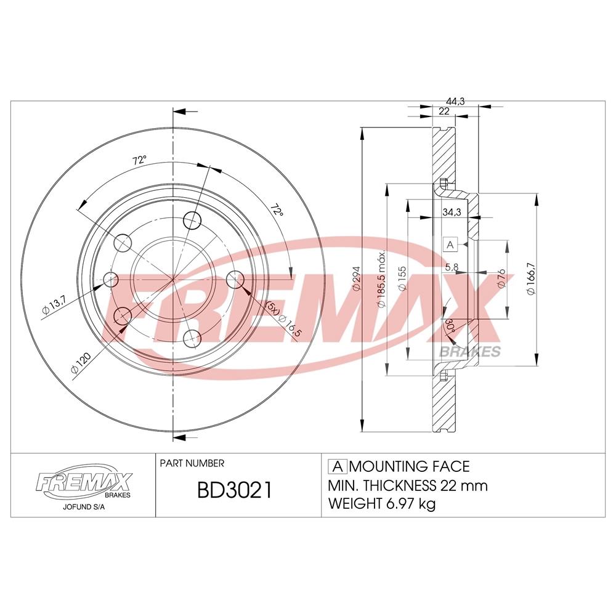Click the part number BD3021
[233, 490]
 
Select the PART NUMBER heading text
[192, 463]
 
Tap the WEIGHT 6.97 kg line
[382, 504]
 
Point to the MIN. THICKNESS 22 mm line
[408, 485]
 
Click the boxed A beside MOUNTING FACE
[338, 466]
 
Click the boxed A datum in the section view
[450, 245]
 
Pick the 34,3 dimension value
[452, 212]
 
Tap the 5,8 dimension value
[451, 267]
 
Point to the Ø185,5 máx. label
[381, 280]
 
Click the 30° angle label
[451, 326]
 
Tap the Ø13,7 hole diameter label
[54, 304]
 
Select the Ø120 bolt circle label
[80, 362]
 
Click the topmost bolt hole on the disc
[193, 219]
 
